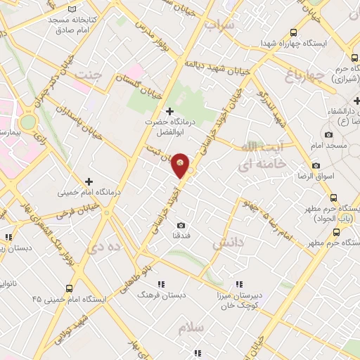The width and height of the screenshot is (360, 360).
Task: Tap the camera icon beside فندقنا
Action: point(181,225)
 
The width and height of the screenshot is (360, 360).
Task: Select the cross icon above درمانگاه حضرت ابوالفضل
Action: point(169,111)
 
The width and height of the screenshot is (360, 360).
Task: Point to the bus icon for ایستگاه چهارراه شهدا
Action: point(294,32)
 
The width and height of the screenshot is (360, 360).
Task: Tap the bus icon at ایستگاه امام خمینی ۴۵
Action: point(69,288)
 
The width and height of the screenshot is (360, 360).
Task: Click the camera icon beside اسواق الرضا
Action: point(316,165)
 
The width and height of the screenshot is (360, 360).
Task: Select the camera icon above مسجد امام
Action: point(328,134)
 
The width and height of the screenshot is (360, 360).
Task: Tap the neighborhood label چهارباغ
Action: point(306,74)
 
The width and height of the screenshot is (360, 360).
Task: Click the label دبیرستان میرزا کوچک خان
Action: point(239,301)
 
